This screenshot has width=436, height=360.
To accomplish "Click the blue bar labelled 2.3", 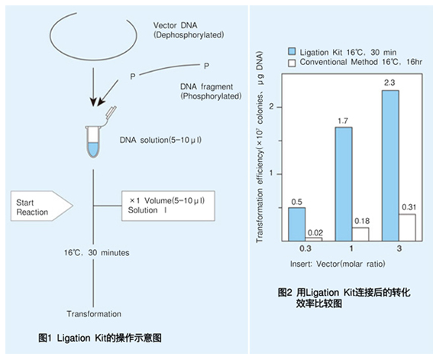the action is pyautogui.click(x=391, y=166).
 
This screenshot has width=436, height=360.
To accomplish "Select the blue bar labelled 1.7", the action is pyautogui.click(x=344, y=184).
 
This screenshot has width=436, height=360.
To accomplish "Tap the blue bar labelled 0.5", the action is pyautogui.click(x=297, y=224).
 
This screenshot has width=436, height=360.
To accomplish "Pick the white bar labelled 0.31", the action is pyautogui.click(x=407, y=228).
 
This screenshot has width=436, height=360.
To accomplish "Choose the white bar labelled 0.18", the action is pyautogui.click(x=360, y=234).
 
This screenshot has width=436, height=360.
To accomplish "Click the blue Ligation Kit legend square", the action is pyautogui.click(x=292, y=51).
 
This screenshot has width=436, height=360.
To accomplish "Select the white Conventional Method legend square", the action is pyautogui.click(x=292, y=63).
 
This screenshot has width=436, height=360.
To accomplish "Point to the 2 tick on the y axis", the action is pyautogui.click(x=271, y=107).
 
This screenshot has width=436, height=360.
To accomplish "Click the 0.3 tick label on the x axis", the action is pyautogui.click(x=305, y=248).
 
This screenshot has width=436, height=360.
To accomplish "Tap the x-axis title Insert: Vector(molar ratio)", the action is pyautogui.click(x=337, y=264).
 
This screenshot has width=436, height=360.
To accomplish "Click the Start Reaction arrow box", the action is pyautogui.click(x=42, y=206).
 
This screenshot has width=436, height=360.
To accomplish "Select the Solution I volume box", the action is pyautogui.click(x=168, y=206).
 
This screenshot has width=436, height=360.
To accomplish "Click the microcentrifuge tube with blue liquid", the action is pyautogui.click(x=93, y=141).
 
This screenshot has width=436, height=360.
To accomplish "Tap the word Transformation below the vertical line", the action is pyautogui.click(x=94, y=314).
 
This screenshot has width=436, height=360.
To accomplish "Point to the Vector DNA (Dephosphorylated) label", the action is pyautogui.click(x=189, y=30).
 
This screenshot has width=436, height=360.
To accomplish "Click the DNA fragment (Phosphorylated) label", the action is pyautogui.click(x=211, y=91).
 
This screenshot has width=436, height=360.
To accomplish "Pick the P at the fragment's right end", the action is pyautogui.click(x=206, y=66).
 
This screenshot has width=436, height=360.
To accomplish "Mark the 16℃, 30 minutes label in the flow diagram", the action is pyautogui.click(x=97, y=253).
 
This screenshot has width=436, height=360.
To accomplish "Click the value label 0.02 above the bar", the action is pyautogui.click(x=315, y=233).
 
